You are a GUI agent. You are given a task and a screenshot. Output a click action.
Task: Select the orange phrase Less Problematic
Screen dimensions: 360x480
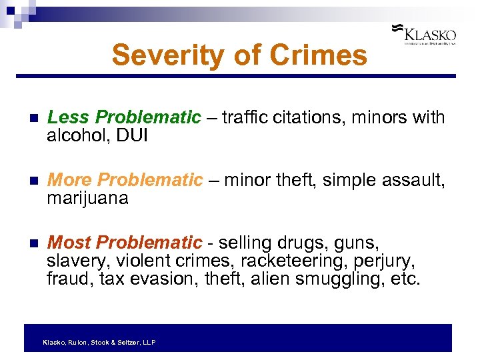point(124,118)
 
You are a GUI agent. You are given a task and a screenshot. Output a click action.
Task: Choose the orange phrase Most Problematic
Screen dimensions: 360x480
point(125,242)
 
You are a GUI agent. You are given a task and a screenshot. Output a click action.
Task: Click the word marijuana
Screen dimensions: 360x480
point(87,199)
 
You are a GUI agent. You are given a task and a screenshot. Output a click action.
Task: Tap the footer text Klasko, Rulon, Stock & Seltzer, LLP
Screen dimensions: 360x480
point(99,342)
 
